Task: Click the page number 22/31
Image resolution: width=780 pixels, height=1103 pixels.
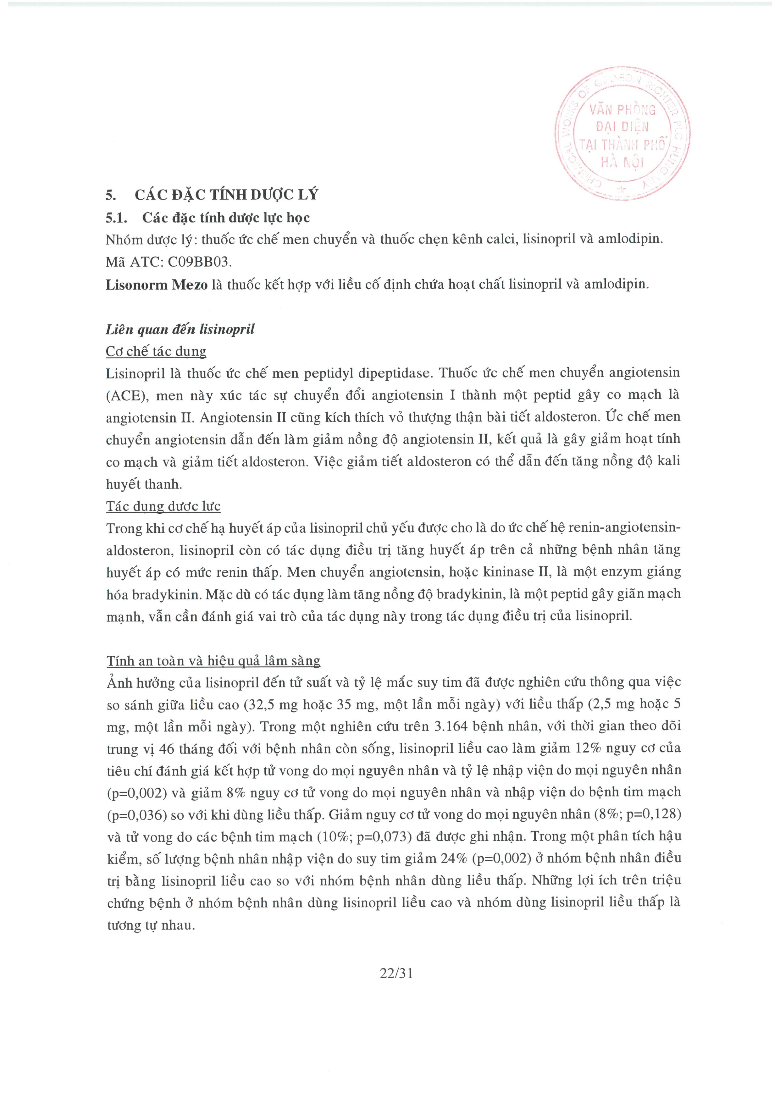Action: pyautogui.click(x=396, y=973)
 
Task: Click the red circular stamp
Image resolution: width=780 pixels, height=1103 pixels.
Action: pyautogui.click(x=622, y=135)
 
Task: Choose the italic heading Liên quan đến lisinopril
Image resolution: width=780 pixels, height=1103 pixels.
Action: pyautogui.click(x=180, y=329)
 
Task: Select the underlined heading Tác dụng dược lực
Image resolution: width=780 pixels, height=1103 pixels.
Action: pyautogui.click(x=163, y=506)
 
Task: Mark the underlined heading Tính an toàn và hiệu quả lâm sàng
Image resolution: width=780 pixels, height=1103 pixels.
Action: pyautogui.click(x=213, y=661)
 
